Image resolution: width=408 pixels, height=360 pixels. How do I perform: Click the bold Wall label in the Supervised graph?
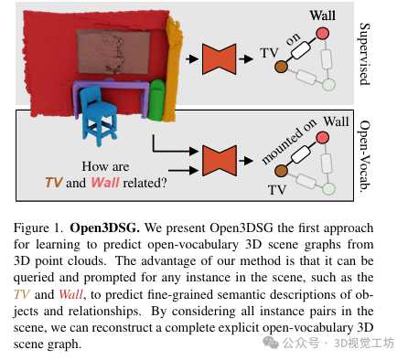pos(322,16)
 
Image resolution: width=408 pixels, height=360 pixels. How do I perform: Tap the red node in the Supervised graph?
pos(322,35)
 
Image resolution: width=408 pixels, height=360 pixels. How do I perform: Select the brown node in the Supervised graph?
pos(281,67)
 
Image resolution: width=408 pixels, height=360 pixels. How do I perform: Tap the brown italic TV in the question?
pos(54,182)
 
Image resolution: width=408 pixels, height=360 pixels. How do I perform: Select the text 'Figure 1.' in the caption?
pos(42,223)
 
